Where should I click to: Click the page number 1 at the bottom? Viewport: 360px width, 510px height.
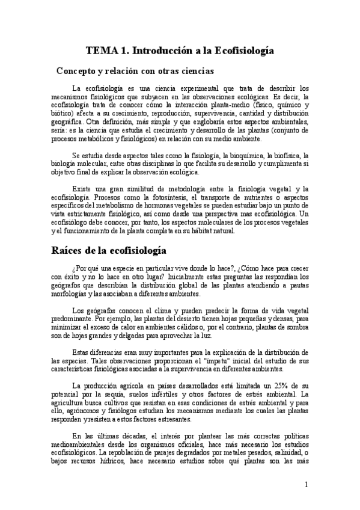tap(307, 484)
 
